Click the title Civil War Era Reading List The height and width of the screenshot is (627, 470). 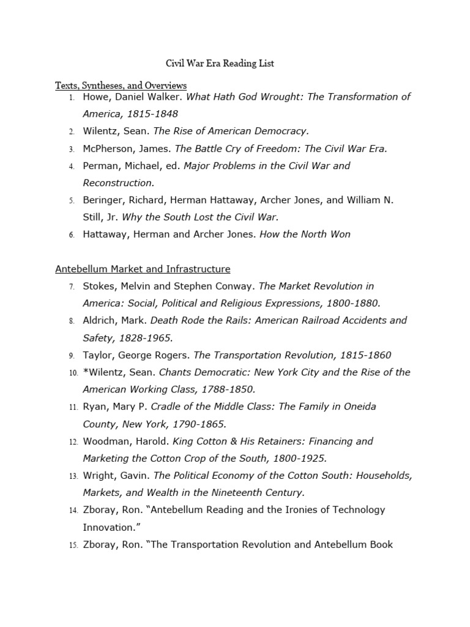(220, 63)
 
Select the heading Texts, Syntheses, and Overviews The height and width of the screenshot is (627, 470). (121, 85)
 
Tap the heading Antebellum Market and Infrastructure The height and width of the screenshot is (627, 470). (143, 269)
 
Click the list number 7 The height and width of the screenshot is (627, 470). (72, 287)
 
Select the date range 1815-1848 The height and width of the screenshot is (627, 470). (152, 114)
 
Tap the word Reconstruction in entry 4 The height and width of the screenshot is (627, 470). (118, 183)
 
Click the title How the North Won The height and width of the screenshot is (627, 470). (305, 235)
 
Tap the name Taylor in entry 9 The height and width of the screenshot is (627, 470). (97, 355)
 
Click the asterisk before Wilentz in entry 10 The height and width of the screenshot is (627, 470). (85, 372)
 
